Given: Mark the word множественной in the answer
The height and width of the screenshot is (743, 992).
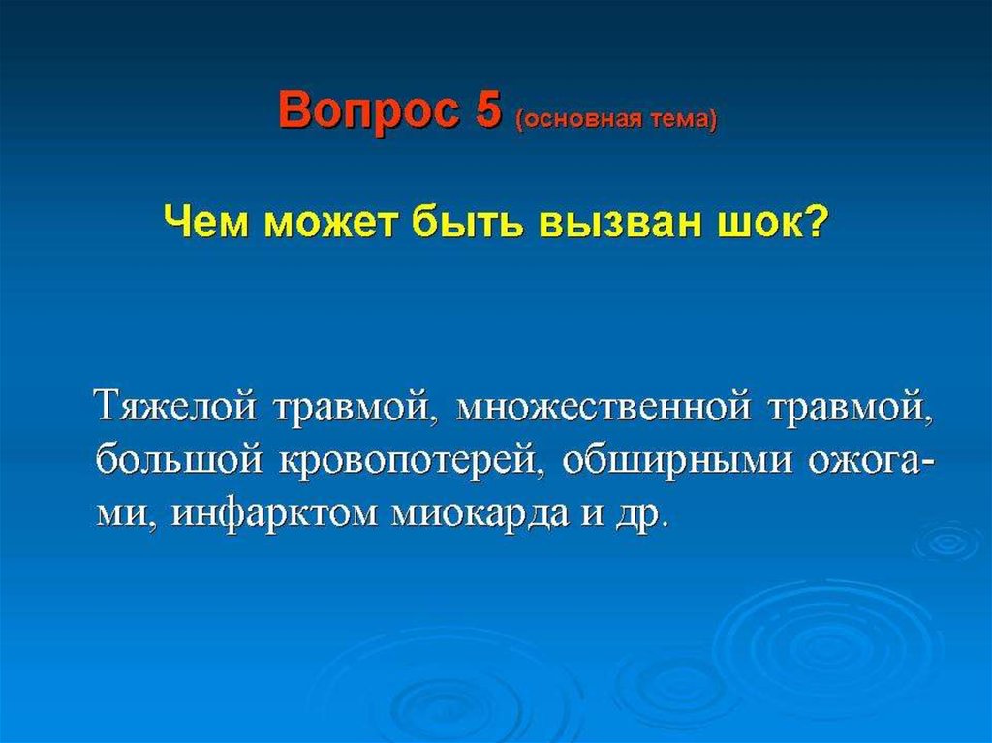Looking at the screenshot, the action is [604, 406].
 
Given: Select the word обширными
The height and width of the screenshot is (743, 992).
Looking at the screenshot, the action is [677, 460].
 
